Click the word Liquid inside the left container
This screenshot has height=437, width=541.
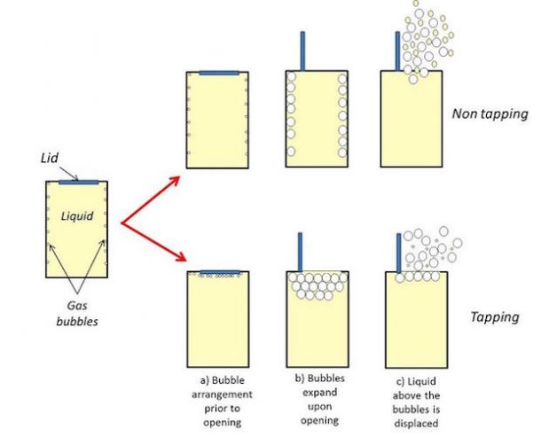pos(75,215)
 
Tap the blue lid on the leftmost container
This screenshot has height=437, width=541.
pos(78,183)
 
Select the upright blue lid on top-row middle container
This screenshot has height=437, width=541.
pos(302,51)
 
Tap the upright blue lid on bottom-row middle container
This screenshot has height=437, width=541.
pos(302,252)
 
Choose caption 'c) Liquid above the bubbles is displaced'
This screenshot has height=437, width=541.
pos(415,393)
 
